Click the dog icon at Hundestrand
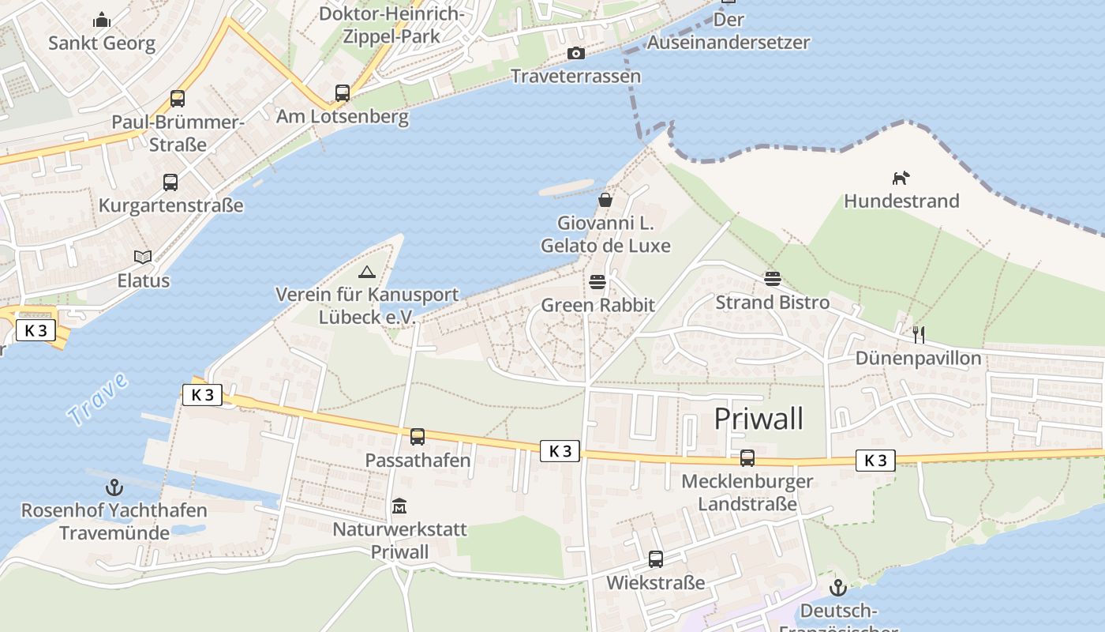(x=901, y=178)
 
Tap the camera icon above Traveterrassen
(x=576, y=53)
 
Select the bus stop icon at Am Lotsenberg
(x=342, y=93)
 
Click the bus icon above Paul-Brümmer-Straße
(x=178, y=99)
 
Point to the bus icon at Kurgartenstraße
(x=170, y=182)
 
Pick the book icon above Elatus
(x=143, y=257)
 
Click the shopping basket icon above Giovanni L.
(x=605, y=200)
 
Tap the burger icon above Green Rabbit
(x=597, y=282)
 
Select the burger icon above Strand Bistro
(x=772, y=278)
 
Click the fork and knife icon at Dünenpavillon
(x=918, y=334)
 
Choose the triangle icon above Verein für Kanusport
(x=366, y=273)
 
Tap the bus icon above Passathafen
(x=418, y=436)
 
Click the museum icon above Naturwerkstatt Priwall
(x=399, y=506)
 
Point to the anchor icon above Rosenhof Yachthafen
(x=114, y=487)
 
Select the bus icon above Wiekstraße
(x=656, y=559)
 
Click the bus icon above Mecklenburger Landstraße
(x=747, y=457)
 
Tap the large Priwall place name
(x=759, y=419)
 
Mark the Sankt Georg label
(x=102, y=43)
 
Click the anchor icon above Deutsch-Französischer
(x=837, y=588)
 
